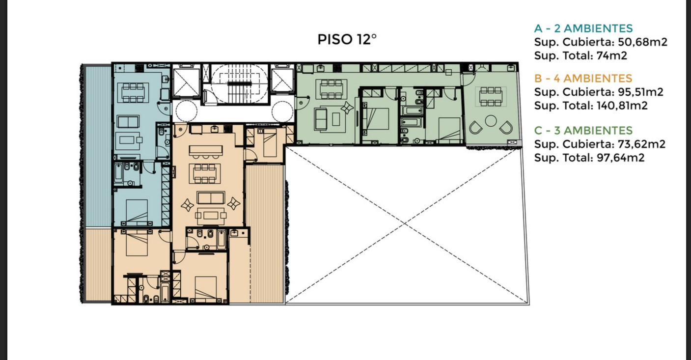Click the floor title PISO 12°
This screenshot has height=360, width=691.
point(347,39)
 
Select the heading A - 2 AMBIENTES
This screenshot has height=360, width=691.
point(583,28)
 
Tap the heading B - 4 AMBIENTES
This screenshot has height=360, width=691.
point(583,79)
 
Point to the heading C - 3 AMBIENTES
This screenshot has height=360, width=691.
point(583,131)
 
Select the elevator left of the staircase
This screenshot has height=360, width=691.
point(186,83)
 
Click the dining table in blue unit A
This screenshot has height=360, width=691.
point(133,92)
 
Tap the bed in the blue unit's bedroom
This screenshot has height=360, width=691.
point(137,212)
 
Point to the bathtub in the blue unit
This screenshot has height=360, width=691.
point(118,173)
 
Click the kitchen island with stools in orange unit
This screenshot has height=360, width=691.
point(206,151)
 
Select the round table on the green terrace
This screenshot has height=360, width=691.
point(491,121)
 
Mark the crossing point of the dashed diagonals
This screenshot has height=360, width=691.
point(404,223)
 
